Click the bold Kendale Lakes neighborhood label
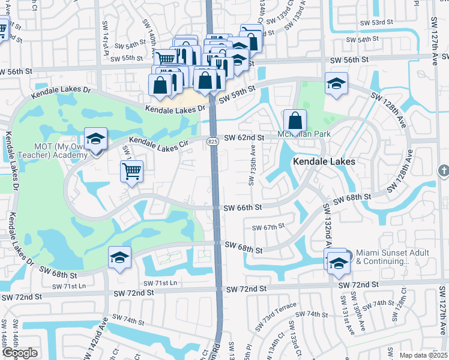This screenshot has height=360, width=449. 324,161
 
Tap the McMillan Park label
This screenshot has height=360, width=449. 300,134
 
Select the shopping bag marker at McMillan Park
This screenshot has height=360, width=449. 295,119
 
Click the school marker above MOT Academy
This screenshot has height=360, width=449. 95,139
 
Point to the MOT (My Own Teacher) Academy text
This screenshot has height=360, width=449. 44,151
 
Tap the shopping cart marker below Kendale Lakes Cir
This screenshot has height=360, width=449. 131,171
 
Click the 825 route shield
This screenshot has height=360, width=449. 214,141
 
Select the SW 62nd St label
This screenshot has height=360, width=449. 244,137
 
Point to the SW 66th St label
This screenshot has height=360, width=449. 243,208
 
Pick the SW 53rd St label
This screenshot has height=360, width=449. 376,22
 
